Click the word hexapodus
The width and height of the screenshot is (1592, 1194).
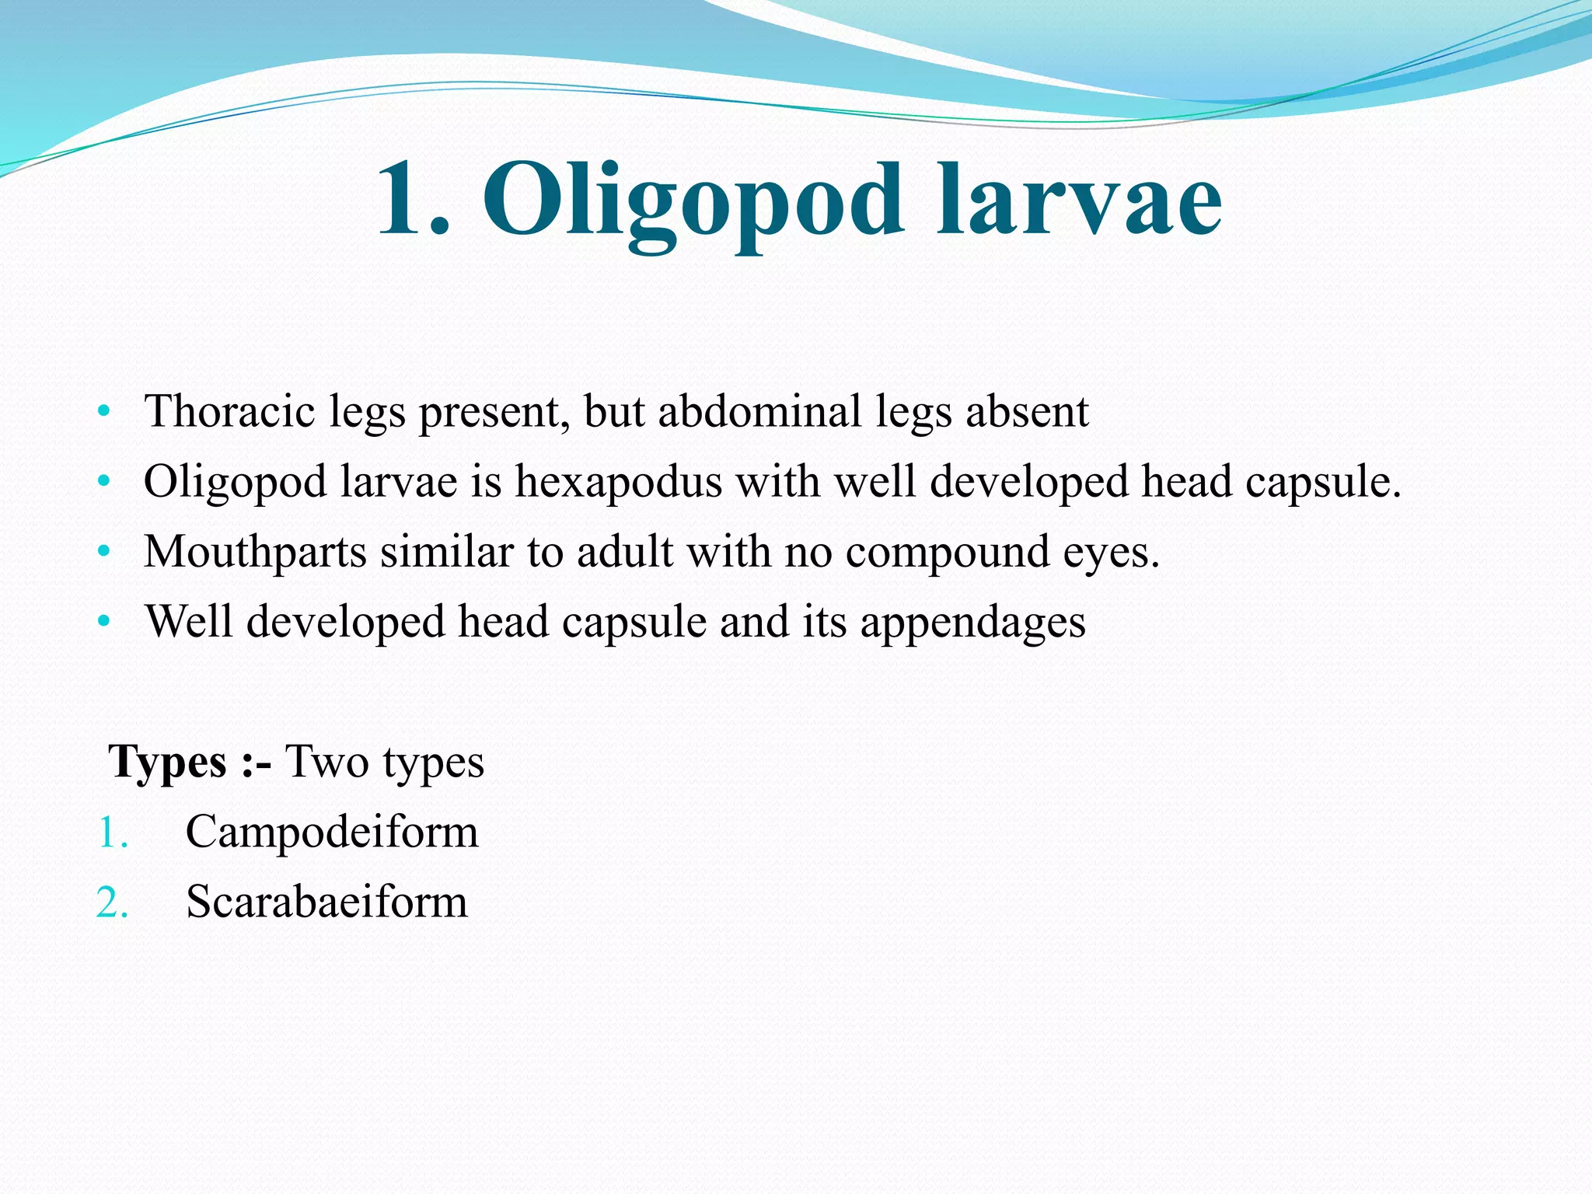(619, 481)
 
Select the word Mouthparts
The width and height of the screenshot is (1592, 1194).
(255, 552)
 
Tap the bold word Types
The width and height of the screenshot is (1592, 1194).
(168, 762)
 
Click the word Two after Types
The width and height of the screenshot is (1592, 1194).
(326, 761)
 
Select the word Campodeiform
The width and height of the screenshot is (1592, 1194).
(332, 833)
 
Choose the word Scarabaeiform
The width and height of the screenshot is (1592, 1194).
(326, 902)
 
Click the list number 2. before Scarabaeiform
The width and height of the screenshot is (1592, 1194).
(112, 903)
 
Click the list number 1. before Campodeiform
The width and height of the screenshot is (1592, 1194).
(112, 833)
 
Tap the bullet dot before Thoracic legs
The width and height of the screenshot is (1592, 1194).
(104, 411)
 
